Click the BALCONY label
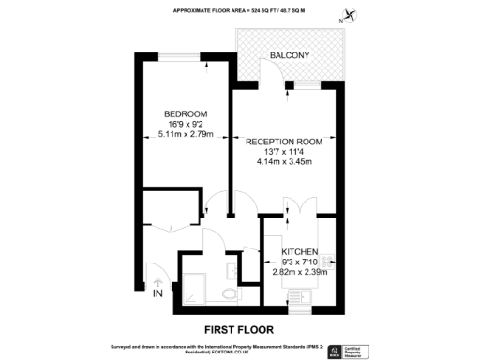coord(290,56)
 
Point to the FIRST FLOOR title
coord(239,329)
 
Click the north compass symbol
coord(351,14)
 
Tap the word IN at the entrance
coord(157,294)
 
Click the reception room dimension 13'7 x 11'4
coord(284,152)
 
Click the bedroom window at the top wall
coord(185,57)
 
